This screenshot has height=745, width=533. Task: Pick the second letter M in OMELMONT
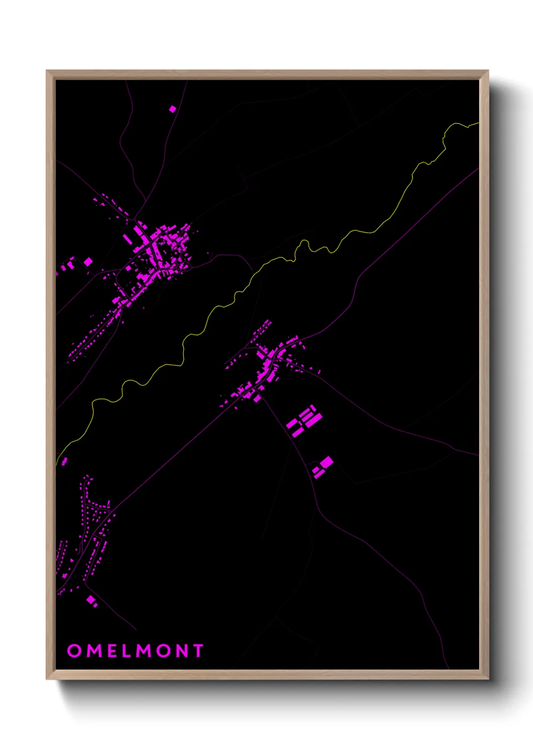145,650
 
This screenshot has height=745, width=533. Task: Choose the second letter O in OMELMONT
164,650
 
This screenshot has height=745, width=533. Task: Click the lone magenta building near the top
173,109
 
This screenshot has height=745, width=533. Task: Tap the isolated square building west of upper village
88,262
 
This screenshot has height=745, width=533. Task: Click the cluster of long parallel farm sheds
304,421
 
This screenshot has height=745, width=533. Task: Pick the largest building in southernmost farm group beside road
327,462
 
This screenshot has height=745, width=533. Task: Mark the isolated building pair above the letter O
92,601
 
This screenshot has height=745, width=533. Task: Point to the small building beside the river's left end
64,461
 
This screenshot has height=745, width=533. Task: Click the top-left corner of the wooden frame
47,71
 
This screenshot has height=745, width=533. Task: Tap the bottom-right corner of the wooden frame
488,678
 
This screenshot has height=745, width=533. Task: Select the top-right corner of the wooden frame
488,71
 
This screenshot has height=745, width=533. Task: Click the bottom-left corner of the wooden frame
47,678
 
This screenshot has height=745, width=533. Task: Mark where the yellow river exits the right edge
477,122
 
